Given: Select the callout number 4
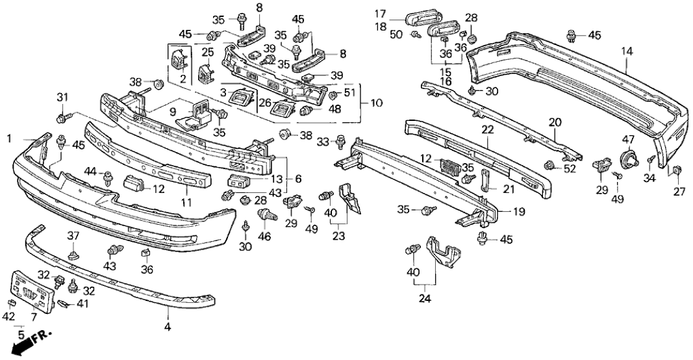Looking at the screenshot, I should [167, 328].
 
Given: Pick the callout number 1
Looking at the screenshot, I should [9, 138].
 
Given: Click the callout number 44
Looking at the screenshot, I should [92, 171].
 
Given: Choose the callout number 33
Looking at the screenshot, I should [322, 140].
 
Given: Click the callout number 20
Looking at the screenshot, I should [554, 122].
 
